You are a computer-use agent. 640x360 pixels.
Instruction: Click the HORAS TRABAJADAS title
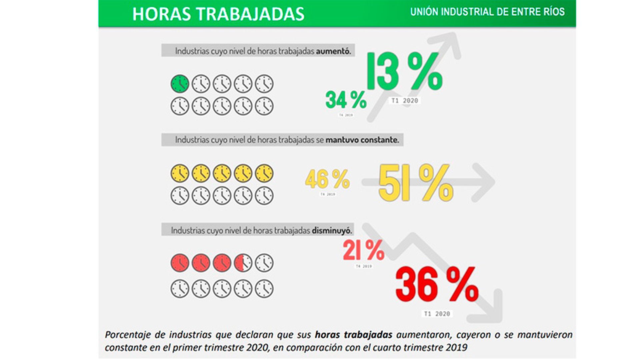coord(218,14)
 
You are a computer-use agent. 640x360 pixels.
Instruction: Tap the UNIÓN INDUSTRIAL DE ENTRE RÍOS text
coord(487,12)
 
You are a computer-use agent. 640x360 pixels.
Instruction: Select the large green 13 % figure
coord(405,71)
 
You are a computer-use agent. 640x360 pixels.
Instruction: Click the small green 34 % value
coord(346,100)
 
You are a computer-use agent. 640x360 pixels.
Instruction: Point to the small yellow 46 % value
coord(327,179)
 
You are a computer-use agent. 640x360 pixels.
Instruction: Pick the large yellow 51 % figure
coord(416,183)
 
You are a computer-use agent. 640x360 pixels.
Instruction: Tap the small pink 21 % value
coord(363,250)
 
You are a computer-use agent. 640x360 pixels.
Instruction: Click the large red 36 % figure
coord(437,285)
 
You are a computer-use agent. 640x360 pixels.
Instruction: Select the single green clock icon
coord(180,83)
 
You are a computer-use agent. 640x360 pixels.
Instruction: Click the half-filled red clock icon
coord(243,263)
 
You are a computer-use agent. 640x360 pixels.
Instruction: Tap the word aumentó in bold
coord(333,51)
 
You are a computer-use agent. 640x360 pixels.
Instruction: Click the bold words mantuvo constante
coord(362,140)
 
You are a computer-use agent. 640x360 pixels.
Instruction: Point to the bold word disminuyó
coord(332,230)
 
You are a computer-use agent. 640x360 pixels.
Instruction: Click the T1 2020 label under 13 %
coord(404,101)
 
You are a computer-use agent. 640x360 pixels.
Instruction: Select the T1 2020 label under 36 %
coord(437,314)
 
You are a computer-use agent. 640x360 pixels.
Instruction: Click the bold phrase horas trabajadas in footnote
coord(353,334)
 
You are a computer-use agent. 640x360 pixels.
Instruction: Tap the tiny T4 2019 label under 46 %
coord(327,194)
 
